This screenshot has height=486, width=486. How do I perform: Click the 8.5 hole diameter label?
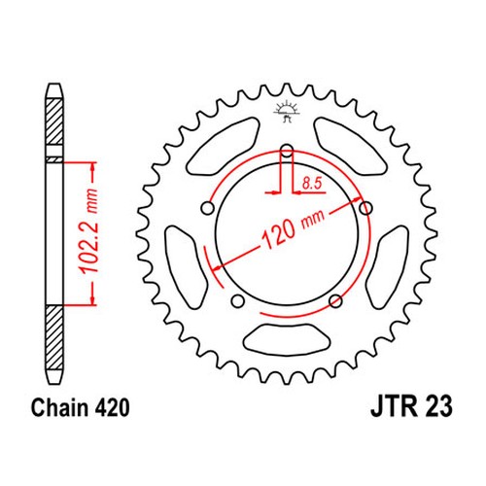click(x=312, y=184)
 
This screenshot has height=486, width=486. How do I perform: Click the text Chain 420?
click(x=80, y=407)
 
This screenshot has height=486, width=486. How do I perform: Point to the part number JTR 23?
click(x=411, y=407)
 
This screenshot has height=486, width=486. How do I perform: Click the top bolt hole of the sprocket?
click(x=287, y=151)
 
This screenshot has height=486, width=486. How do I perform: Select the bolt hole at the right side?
click(x=365, y=208)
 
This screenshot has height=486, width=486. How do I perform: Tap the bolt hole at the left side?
click(x=208, y=208)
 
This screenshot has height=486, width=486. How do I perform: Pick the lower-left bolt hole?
click(x=238, y=301)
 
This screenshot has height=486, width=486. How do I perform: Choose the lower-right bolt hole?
click(x=335, y=301)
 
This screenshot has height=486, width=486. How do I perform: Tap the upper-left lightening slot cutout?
click(x=225, y=147)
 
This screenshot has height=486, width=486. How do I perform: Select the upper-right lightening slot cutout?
click(x=351, y=147)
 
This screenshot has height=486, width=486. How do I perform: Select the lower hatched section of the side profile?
click(x=54, y=338)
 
